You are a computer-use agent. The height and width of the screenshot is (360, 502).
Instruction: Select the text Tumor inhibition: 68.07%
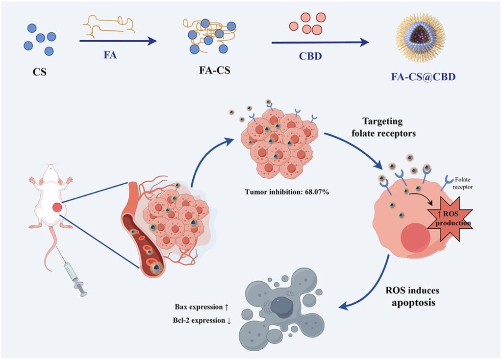click(x=287, y=192)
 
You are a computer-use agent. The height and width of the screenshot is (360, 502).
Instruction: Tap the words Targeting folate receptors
click(x=389, y=127)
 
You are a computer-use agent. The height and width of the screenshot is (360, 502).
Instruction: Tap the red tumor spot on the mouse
click(x=57, y=207)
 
